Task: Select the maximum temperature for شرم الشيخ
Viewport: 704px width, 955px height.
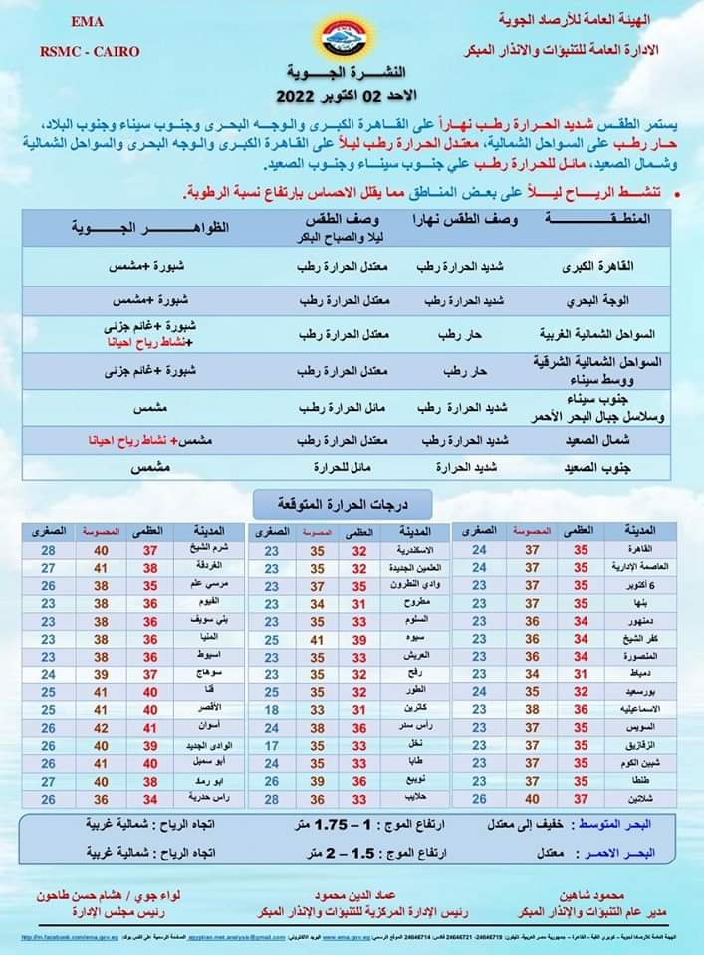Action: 150,550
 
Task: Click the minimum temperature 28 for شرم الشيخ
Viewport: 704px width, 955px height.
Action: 49,550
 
